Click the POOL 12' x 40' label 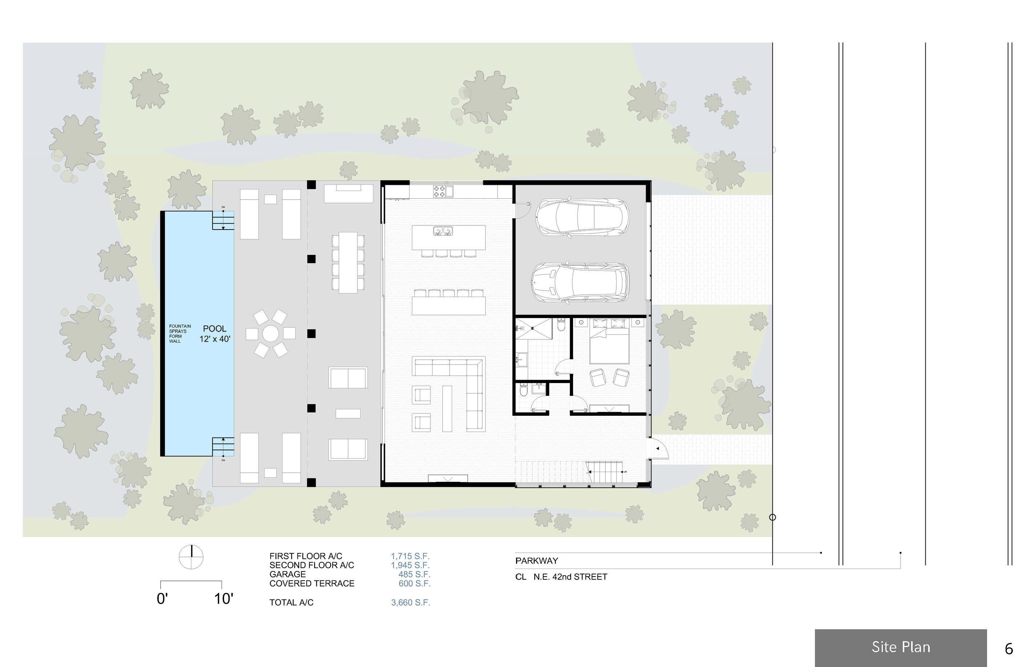[215, 333]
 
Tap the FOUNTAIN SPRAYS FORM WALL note [179, 333]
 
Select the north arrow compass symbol [191, 557]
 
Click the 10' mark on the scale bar [224, 599]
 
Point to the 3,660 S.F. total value [410, 602]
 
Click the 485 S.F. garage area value [414, 574]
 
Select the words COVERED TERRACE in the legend [312, 583]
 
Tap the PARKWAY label [536, 561]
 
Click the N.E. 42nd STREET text [570, 577]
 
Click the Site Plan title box [900, 647]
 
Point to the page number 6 [1009, 649]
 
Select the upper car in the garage [582, 217]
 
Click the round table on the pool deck [271, 333]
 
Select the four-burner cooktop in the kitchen [439, 191]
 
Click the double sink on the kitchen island [443, 231]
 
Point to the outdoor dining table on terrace [348, 262]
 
